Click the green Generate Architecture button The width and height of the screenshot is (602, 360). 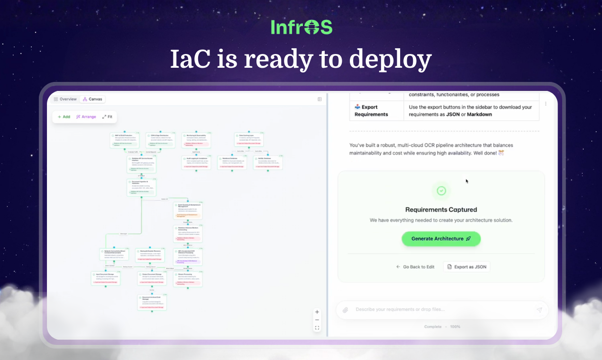point(441,239)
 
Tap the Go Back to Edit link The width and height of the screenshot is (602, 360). point(415,267)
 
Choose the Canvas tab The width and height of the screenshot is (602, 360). point(92,99)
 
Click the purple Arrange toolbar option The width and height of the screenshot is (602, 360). point(86,117)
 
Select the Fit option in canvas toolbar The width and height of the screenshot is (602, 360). point(107,117)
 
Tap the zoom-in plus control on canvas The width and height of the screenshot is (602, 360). point(317,312)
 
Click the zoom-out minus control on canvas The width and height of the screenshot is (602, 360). point(317,320)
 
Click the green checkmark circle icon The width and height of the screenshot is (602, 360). point(441,190)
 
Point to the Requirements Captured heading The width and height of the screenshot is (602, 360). point(441,209)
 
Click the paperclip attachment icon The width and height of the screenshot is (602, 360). point(346,310)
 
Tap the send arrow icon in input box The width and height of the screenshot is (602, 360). point(539,310)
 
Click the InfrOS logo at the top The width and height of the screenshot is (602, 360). point(301,27)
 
